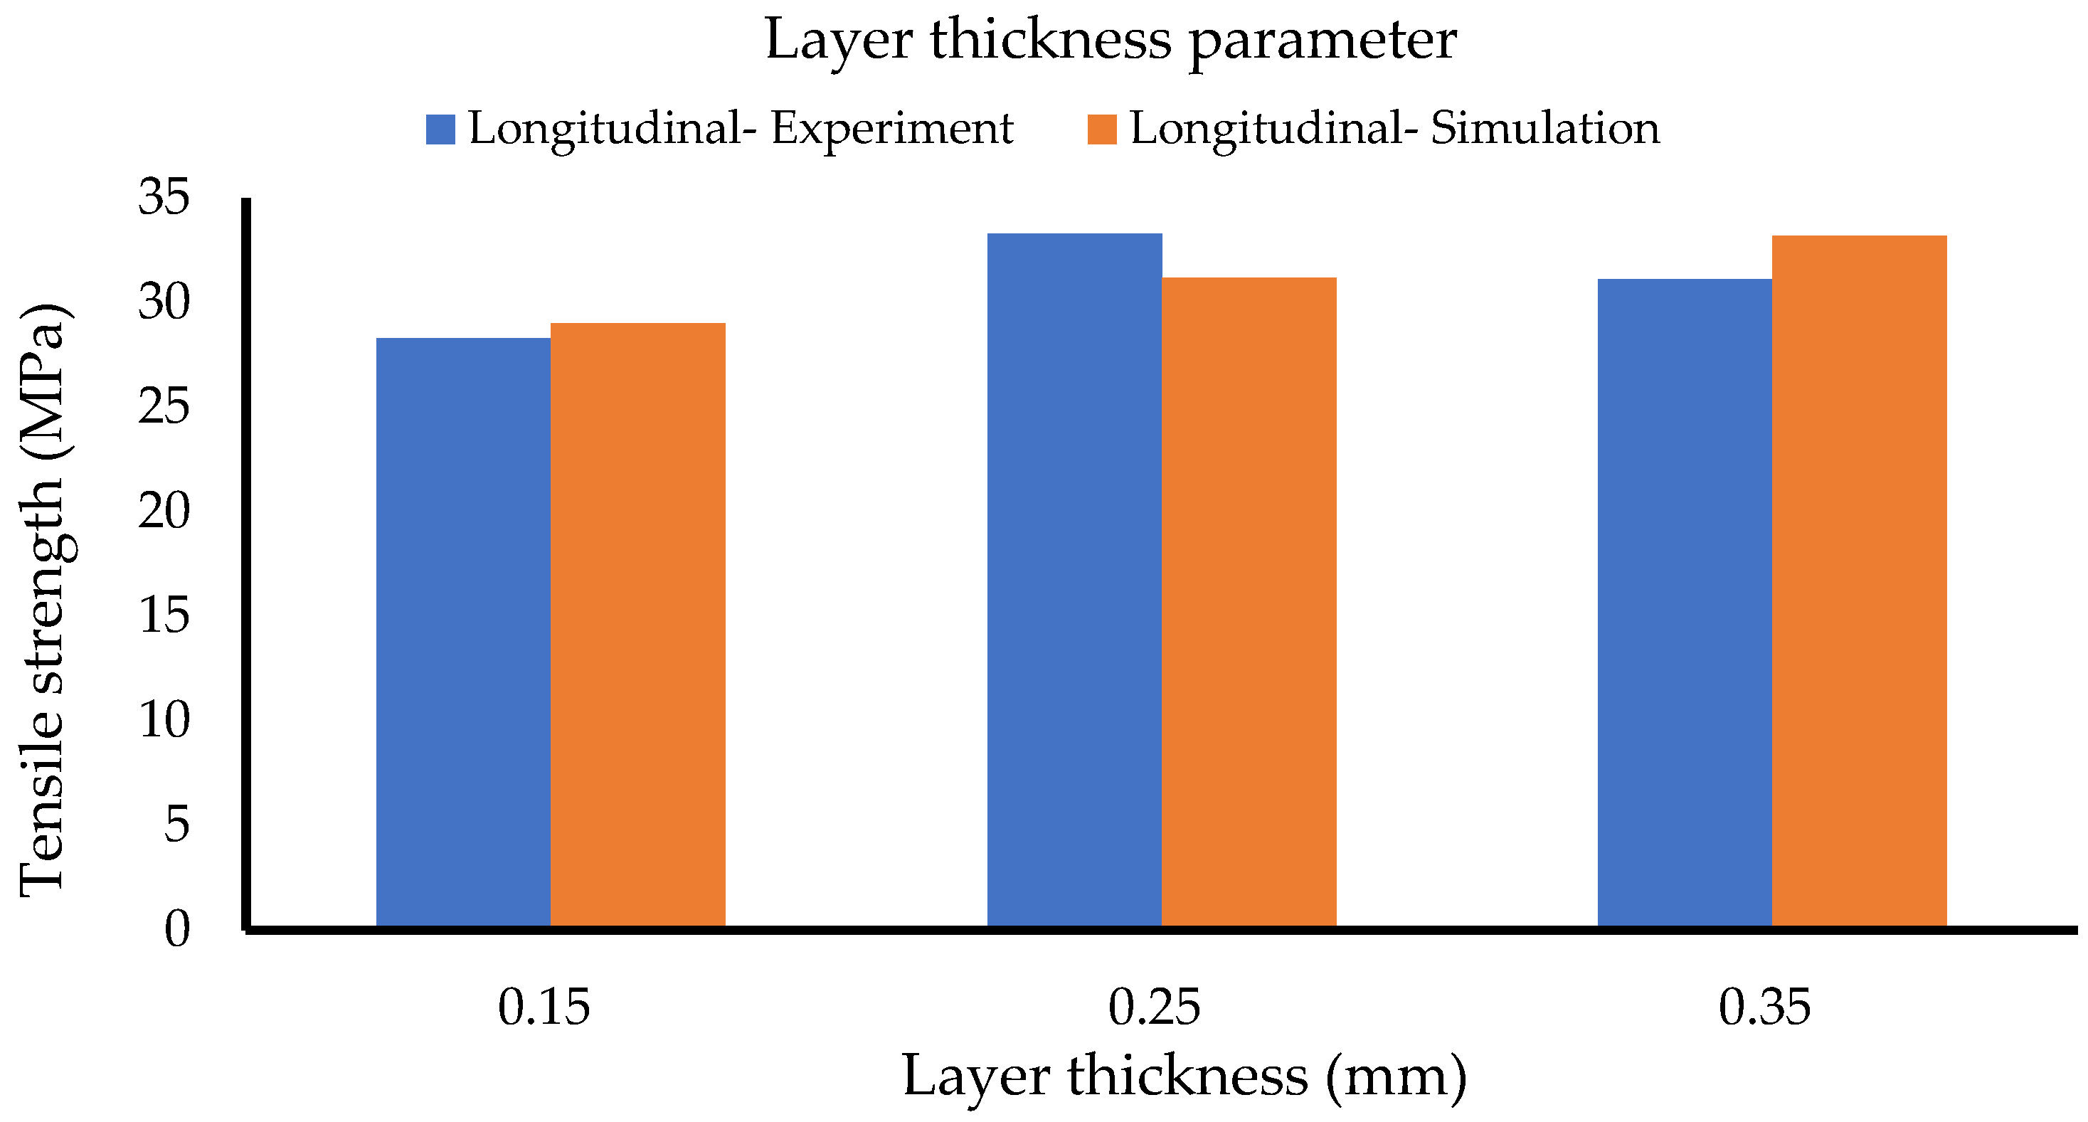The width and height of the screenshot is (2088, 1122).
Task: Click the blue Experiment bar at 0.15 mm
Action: [x=463, y=633]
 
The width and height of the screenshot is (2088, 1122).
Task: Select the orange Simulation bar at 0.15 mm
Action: [x=638, y=624]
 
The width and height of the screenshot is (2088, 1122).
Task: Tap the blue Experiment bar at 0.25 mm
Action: [x=1074, y=580]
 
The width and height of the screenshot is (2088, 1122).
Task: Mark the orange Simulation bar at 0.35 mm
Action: [x=1860, y=581]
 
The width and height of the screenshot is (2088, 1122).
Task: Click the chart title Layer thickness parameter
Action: [x=1111, y=41]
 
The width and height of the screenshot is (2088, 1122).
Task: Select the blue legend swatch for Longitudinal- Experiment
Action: [x=440, y=129]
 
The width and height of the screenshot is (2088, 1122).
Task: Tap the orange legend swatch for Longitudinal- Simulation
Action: [x=1101, y=129]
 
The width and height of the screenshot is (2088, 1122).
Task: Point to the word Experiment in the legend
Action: [x=891, y=129]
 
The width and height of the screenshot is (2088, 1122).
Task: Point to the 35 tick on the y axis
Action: [x=164, y=197]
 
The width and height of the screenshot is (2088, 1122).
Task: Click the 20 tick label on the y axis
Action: [x=164, y=512]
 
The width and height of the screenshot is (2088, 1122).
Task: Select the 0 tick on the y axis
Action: [x=176, y=929]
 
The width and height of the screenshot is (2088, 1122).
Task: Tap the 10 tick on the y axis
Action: [x=164, y=720]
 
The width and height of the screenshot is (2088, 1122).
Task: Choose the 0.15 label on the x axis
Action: [x=544, y=1007]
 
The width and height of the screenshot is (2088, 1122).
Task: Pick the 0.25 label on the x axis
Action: [x=1154, y=1007]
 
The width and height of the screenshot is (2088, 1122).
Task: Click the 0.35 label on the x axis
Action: [x=1764, y=1007]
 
